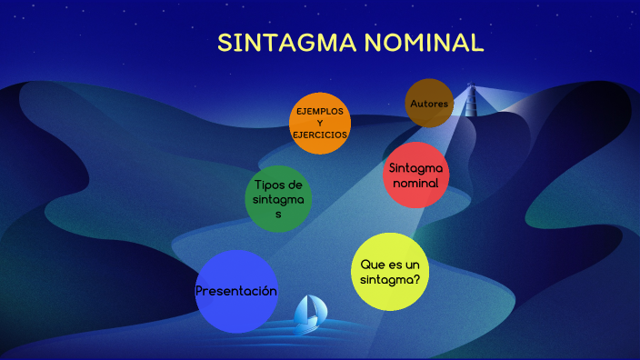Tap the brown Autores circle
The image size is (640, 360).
tap(429, 104)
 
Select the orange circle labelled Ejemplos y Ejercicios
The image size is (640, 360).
tap(320, 123)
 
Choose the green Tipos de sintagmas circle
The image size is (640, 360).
tap(278, 198)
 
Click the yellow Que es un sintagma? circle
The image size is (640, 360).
tap(390, 271)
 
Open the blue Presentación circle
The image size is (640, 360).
tap(236, 291)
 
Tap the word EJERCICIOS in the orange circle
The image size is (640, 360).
tap(320, 135)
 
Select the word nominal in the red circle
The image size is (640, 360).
tap(415, 183)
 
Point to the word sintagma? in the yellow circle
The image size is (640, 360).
tap(390, 279)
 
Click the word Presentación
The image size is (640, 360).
tap(236, 291)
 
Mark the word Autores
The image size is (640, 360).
tap(429, 104)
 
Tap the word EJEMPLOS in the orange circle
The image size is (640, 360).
tap(320, 111)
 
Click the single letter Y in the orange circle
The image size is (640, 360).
tap(320, 123)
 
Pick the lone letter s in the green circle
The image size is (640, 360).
tap(278, 215)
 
